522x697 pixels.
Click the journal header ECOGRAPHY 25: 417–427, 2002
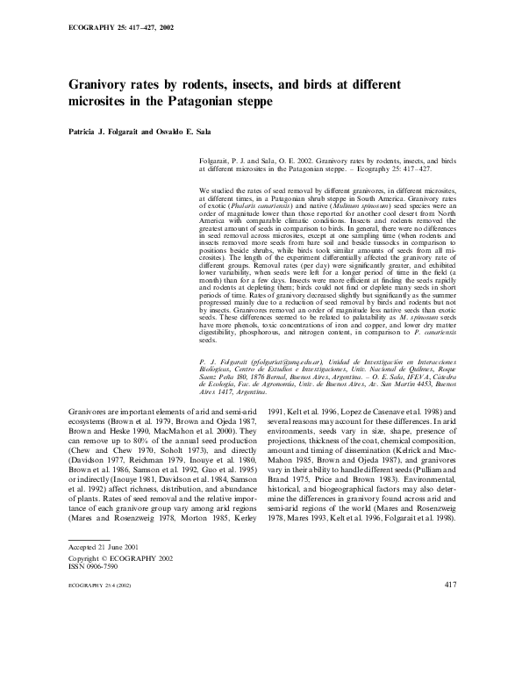click(120, 27)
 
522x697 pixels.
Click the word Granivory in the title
click(105, 86)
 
